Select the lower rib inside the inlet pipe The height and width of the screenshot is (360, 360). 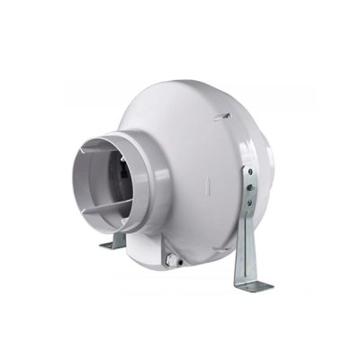click(103, 210)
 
